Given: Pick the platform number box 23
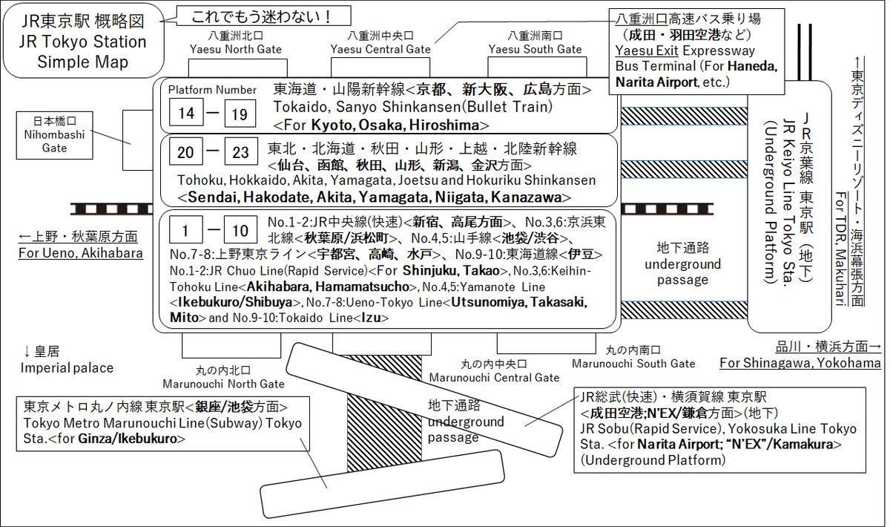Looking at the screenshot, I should pyautogui.click(x=240, y=153).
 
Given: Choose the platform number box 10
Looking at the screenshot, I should pyautogui.click(x=240, y=231).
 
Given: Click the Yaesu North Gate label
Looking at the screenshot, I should pyautogui.click(x=235, y=49).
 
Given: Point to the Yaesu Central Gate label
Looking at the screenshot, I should pyautogui.click(x=381, y=49).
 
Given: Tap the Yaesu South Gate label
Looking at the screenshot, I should pyautogui.click(x=535, y=49).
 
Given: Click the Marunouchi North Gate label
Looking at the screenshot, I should pyautogui.click(x=224, y=383).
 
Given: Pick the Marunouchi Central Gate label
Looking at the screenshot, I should pyautogui.click(x=495, y=377).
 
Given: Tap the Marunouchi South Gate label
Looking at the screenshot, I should pyautogui.click(x=633, y=363).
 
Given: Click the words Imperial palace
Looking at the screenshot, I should pyautogui.click(x=67, y=367).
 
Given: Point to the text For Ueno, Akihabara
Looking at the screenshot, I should pyautogui.click(x=81, y=253).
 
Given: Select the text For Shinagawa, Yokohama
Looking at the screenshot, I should pyautogui.click(x=800, y=362).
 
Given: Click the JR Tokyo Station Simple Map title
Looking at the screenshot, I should pyautogui.click(x=83, y=42).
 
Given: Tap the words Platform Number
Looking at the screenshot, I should pyautogui.click(x=212, y=90).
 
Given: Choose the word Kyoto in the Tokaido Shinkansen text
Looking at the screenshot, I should pyautogui.click(x=332, y=124).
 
